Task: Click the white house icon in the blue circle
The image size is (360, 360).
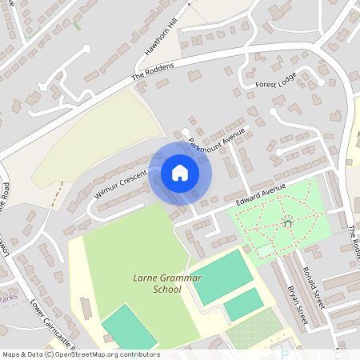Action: coord(180,173)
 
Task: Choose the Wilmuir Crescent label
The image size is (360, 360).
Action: coord(121,185)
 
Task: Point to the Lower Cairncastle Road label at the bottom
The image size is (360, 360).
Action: coord(52,326)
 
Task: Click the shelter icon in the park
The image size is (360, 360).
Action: coord(286,222)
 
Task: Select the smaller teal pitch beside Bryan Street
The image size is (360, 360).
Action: coord(243,304)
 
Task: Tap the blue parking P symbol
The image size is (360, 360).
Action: coord(284,354)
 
